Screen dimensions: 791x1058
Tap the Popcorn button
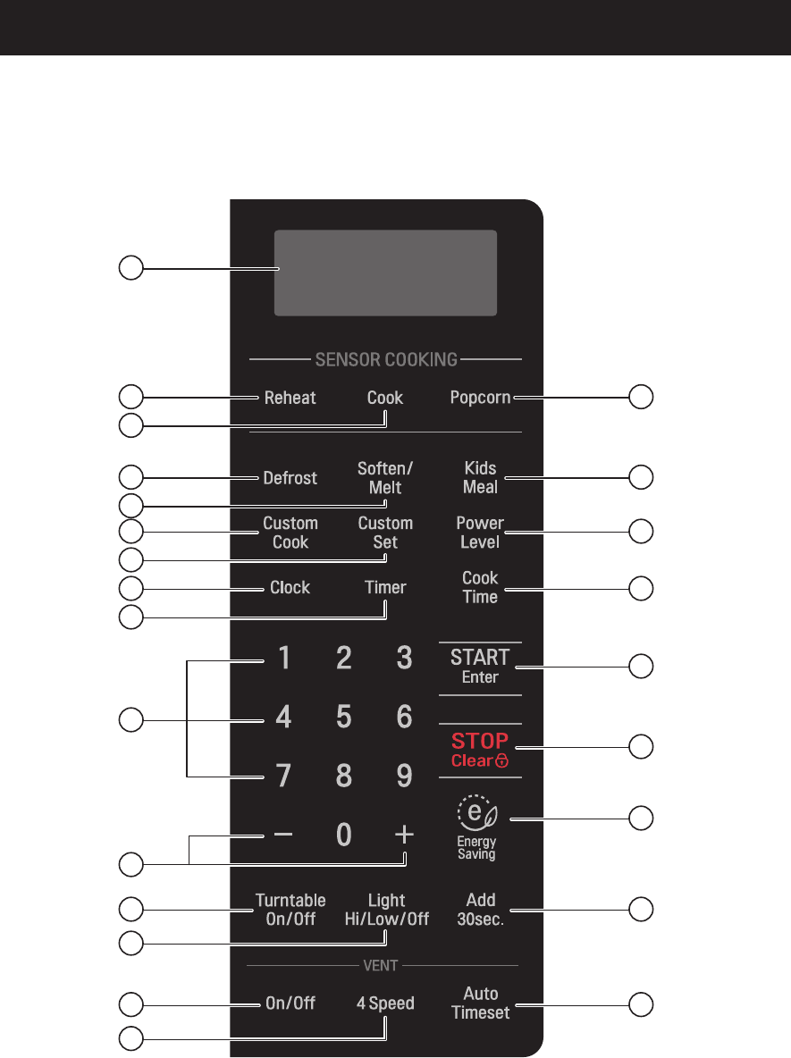[480, 398]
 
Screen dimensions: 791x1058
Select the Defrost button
[290, 478]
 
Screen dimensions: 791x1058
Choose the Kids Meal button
[480, 477]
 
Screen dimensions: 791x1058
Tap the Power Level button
[480, 533]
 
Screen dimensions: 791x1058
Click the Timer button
[385, 588]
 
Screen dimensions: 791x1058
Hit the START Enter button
[480, 666]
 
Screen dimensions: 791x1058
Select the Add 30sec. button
[481, 910]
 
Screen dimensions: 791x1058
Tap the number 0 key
[344, 835]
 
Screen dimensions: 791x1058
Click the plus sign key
[404, 835]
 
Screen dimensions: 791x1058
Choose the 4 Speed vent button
[385, 1003]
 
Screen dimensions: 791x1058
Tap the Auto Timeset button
[481, 1003]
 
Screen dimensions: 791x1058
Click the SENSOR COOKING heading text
[385, 360]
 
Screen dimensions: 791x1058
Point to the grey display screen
[385, 272]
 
